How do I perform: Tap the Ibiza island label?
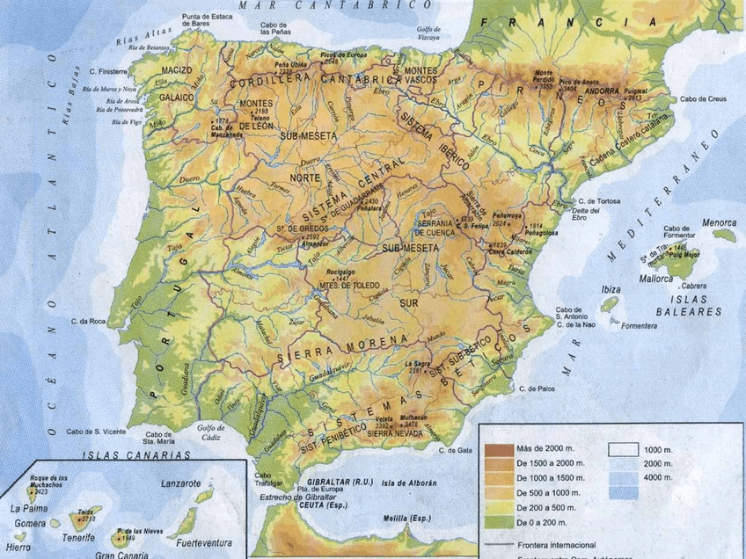[611, 289]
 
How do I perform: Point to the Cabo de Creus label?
[705, 99]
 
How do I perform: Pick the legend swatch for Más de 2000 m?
[496, 450]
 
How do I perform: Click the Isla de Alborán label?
[410, 483]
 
